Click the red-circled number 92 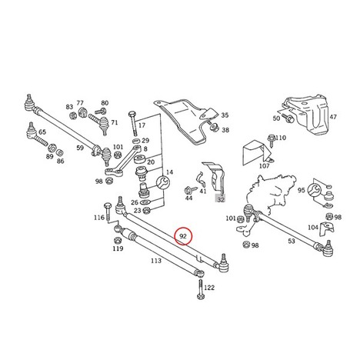pyautogui.click(x=183, y=236)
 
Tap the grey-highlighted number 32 pyautogui.click(x=221, y=199)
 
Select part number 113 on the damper pyautogui.click(x=156, y=261)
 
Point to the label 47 pyautogui.click(x=333, y=117)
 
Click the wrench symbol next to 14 pyautogui.click(x=163, y=182)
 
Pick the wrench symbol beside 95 pyautogui.click(x=315, y=190)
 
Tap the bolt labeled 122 pyautogui.click(x=201, y=289)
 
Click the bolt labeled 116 pyautogui.click(x=107, y=212)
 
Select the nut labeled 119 pyautogui.click(x=117, y=241)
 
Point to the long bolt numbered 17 pyautogui.click(x=133, y=123)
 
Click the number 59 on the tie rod pyautogui.click(x=80, y=148)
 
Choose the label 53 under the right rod pyautogui.click(x=292, y=241)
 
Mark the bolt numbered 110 pyautogui.click(x=271, y=141)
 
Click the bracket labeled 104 pyautogui.click(x=326, y=228)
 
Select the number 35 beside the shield pyautogui.click(x=225, y=115)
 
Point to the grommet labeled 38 pyautogui.click(x=214, y=127)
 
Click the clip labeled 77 pyautogui.click(x=82, y=112)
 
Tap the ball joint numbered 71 pyautogui.click(x=105, y=125)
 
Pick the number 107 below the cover pyautogui.click(x=265, y=166)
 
